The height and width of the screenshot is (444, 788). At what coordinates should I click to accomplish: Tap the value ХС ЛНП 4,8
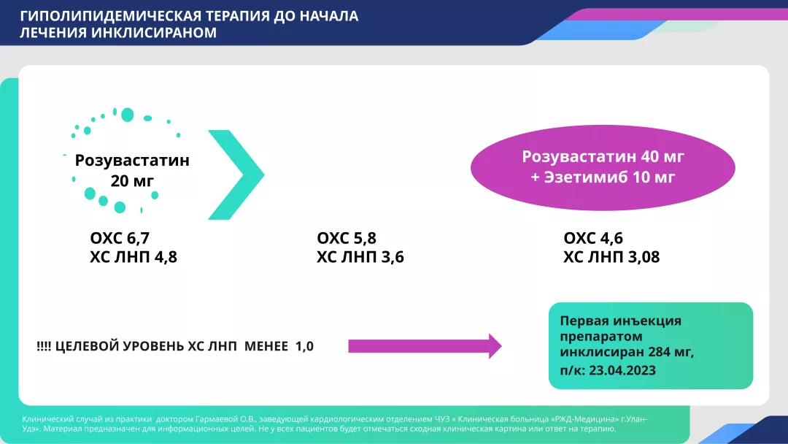coord(134,256)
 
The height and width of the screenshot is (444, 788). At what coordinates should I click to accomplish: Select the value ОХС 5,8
coord(347,238)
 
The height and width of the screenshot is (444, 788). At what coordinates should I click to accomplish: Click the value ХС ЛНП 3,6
coord(360,256)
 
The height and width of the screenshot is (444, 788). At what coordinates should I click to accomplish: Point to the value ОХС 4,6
coord(594,238)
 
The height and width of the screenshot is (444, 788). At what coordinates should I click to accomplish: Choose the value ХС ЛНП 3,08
coord(611,256)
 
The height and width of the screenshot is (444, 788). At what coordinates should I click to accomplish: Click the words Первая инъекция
coord(620,321)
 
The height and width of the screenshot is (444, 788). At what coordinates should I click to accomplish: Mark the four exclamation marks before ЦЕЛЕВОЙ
coord(44,346)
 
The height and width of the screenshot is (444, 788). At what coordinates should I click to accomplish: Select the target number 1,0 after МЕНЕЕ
coord(304,346)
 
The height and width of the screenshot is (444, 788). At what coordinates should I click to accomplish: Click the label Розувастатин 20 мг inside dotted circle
coord(132,169)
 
